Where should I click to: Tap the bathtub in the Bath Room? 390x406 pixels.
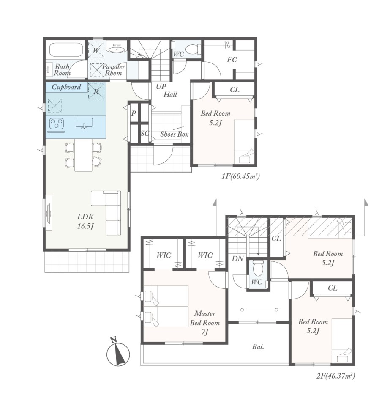coord(66,50)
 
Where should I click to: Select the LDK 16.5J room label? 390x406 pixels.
coord(86,221)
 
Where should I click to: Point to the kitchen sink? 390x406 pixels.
coord(85,123)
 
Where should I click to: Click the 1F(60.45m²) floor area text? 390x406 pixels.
coord(240,176)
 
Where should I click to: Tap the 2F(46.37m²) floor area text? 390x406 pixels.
coord(335,376)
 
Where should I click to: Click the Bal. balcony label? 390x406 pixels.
coord(258,347)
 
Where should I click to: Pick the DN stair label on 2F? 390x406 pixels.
coord(237,258)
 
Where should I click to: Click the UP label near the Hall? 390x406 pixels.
coord(161,86)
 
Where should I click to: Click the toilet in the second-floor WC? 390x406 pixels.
coord(258,269)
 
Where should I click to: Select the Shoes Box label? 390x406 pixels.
coord(175,134)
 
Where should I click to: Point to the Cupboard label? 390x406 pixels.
coord(66,87)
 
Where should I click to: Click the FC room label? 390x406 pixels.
coord(232,60)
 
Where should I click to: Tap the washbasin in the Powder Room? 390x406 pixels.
coord(117,48)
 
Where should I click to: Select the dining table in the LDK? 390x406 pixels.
coord(84,155)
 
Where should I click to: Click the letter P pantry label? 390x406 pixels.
coord(134,113)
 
